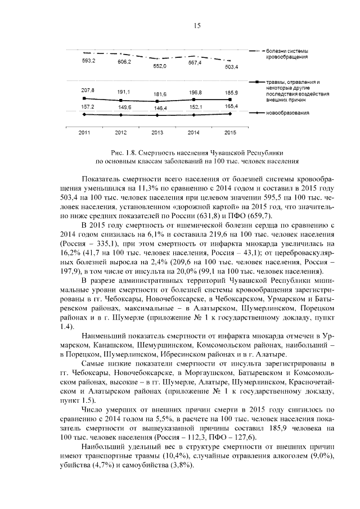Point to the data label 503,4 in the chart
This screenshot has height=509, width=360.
point(231,66)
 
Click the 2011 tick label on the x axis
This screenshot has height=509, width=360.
point(84,132)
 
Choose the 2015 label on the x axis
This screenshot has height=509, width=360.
point(229,132)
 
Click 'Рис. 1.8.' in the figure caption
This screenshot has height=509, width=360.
point(124,152)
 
